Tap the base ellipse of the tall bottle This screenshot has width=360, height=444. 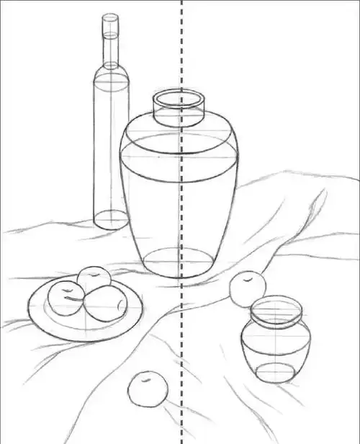[111, 219]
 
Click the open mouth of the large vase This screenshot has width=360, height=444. [179, 99]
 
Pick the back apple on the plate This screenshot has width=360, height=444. [94, 277]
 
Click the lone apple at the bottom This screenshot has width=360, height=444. [147, 391]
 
